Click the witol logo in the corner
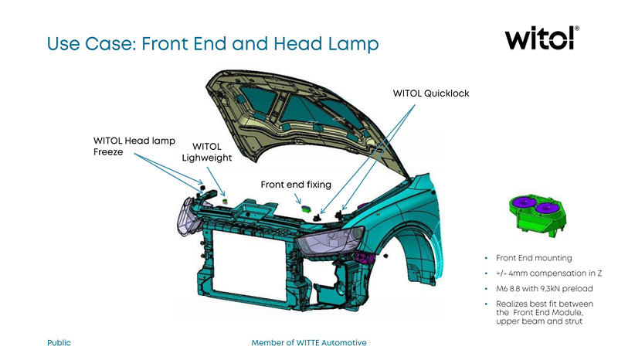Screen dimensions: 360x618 coord(540,38)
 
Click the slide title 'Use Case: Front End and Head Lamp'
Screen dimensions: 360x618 coord(213,43)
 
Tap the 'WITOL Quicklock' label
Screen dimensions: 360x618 coord(431,93)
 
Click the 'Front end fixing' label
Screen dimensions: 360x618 coord(296,185)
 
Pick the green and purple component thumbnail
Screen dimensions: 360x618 coord(535,212)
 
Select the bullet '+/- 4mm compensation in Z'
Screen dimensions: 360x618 coord(548,273)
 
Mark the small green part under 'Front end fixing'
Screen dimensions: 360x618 coord(304,206)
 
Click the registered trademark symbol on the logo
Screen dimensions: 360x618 coord(577,29)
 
